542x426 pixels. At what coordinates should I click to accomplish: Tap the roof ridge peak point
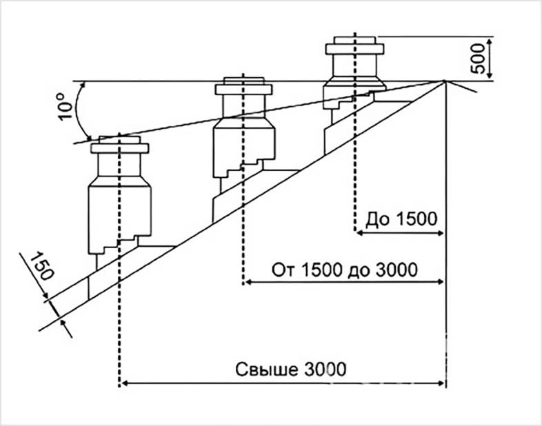tap(445, 81)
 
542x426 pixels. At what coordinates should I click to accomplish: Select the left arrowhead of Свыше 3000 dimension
tap(124, 383)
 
